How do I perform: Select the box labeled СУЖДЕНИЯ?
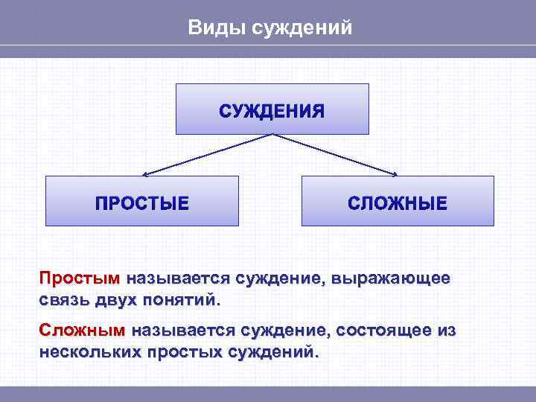click(272, 109)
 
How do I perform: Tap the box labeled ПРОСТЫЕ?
click(141, 202)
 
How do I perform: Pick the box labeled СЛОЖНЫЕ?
click(398, 202)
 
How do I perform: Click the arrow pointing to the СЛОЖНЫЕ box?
click(335, 155)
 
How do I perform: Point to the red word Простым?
click(79, 279)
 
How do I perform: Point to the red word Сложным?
click(82, 330)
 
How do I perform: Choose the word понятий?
click(182, 301)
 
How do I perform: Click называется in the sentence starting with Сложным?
click(182, 330)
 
